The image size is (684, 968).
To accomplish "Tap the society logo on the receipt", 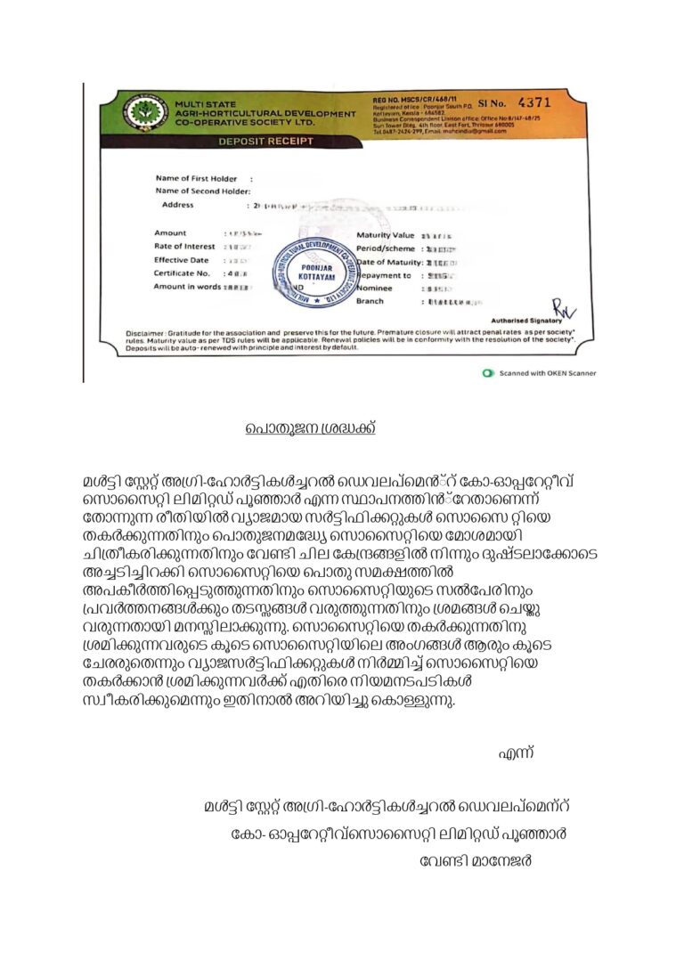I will pyautogui.click(x=145, y=113).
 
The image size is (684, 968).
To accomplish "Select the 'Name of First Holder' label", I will pyautogui.click(x=196, y=178).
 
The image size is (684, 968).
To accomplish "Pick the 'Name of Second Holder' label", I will pyautogui.click(x=202, y=191).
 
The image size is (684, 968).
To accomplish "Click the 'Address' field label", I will pyautogui.click(x=177, y=205).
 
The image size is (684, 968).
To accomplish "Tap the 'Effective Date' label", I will pyautogui.click(x=182, y=259).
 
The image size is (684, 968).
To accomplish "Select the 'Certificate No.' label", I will pyautogui.click(x=182, y=273).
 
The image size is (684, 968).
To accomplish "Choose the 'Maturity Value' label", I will pyautogui.click(x=387, y=234).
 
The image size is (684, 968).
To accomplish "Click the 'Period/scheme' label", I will pyautogui.click(x=387, y=248).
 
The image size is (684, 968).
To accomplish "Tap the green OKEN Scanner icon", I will pyautogui.click(x=487, y=373).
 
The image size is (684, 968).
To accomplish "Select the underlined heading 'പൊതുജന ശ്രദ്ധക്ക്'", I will pyautogui.click(x=311, y=428).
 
